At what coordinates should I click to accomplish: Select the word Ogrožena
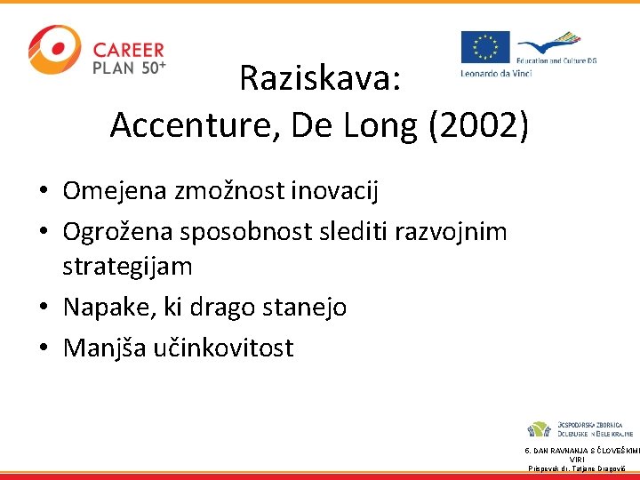pos(118,231)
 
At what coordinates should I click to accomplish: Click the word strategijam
pos(127,266)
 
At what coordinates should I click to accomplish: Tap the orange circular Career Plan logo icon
pos(54,49)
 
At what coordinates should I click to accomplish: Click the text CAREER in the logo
pos(129,50)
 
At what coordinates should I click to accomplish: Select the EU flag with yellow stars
pos(484,47)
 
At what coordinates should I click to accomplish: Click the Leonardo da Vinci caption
pos(495,73)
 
